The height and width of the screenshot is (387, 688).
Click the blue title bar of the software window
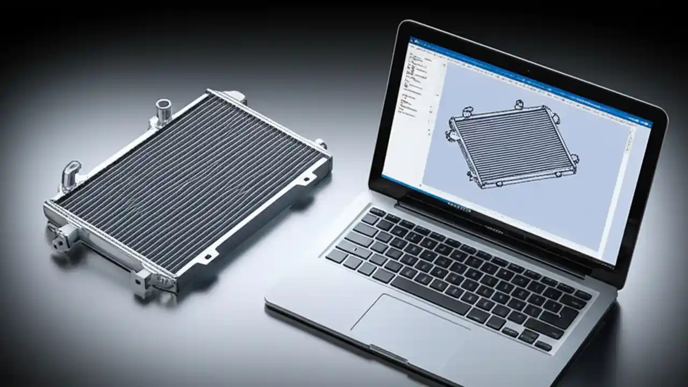[x=529, y=81]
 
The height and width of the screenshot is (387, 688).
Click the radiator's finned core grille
[x=188, y=177]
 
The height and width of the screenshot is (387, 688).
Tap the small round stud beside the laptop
[x=321, y=144]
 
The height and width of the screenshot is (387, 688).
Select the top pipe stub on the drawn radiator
[x=519, y=104]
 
